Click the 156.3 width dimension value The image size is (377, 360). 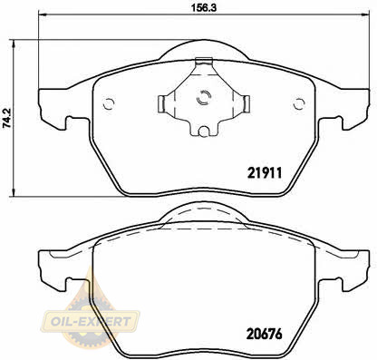click(203, 7)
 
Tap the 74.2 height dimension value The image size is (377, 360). click(7, 118)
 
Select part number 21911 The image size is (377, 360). click(265, 173)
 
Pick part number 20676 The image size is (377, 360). click(265, 334)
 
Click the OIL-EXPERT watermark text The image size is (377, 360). click(91, 321)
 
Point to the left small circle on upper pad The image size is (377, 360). click(109, 103)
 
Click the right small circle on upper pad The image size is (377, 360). click(299, 103)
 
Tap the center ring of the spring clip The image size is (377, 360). click(204, 97)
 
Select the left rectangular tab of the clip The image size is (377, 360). click(160, 102)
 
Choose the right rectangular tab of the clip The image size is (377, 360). click(246, 102)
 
